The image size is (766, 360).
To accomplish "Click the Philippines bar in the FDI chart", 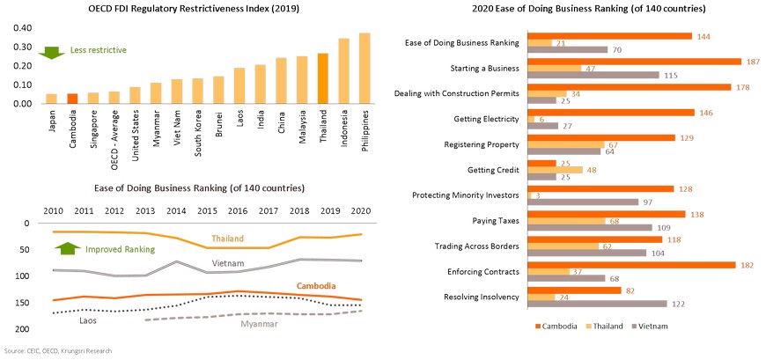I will point(365,69).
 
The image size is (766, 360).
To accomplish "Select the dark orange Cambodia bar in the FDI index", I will point(72,99).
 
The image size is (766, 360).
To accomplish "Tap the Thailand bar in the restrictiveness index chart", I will point(323,79).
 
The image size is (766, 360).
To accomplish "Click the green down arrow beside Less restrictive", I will point(49,50).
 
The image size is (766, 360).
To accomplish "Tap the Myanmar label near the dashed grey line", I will point(260,325).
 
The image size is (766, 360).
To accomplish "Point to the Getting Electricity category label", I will point(487,118).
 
